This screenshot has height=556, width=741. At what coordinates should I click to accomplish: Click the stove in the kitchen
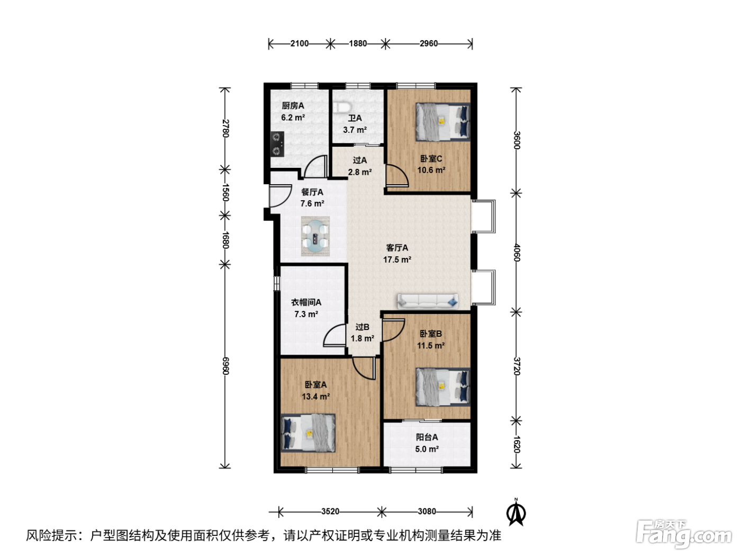click(277, 144)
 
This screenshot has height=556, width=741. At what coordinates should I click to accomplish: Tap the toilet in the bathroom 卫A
click(341, 107)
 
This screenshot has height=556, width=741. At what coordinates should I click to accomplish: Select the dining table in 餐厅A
click(315, 236)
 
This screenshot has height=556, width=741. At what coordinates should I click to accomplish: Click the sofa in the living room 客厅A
click(428, 301)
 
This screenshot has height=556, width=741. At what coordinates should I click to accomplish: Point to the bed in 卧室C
click(443, 122)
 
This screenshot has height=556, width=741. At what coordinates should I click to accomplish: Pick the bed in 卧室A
click(308, 433)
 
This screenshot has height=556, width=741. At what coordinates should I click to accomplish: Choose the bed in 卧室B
click(443, 387)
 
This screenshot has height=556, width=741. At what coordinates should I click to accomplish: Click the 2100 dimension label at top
click(300, 43)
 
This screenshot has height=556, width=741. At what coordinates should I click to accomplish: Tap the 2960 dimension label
click(428, 43)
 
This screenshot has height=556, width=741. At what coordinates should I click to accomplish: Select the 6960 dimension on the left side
click(225, 366)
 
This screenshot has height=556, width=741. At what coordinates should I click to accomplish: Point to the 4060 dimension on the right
click(517, 253)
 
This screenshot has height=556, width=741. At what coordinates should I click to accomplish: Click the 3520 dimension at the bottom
click(330, 512)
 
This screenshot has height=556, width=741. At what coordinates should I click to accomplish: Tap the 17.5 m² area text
click(397, 259)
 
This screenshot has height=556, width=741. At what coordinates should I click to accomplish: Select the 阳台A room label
click(427, 437)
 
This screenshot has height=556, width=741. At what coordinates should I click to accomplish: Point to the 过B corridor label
click(362, 327)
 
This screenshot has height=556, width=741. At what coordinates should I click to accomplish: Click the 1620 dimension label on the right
click(517, 444)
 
